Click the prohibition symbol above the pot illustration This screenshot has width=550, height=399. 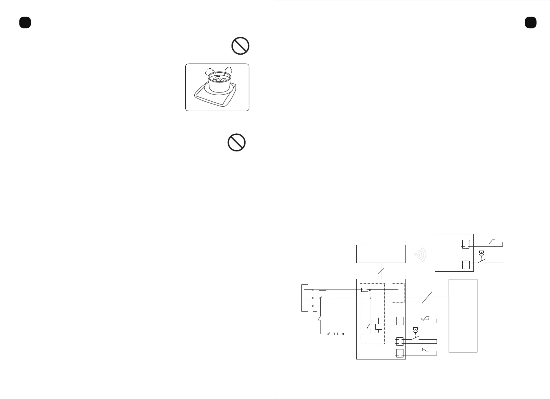pos(241,46)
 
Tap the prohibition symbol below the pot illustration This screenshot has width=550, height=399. pos(237,142)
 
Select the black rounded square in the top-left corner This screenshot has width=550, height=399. pos(25,22)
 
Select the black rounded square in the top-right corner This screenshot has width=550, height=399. pos(531,22)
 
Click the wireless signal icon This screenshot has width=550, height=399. pos(421,255)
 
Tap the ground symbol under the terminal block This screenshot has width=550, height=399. pos(314,311)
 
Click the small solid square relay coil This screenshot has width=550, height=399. pos(379,327)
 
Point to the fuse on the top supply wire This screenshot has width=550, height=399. pos(323,289)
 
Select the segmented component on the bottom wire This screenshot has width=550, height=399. pos(336,334)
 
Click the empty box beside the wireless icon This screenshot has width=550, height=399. pos(381,254)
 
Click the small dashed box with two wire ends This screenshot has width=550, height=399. pos(398,293)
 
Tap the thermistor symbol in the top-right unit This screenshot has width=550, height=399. pos(491,242)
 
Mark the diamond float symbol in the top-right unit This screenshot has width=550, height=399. pos(482,255)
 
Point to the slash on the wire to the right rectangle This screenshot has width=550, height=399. pos(427,297)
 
